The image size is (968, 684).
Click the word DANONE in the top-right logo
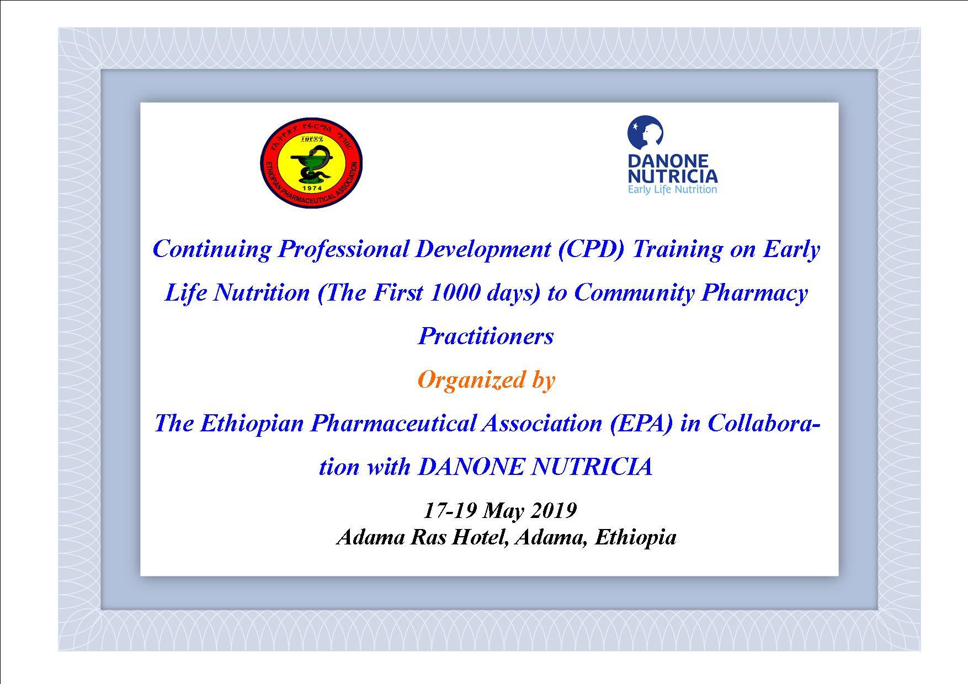click(668, 161)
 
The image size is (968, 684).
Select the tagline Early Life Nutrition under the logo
click(672, 189)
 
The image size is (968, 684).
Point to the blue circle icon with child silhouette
click(645, 133)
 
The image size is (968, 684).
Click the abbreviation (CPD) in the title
click(591, 249)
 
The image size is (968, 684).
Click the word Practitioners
click(486, 336)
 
